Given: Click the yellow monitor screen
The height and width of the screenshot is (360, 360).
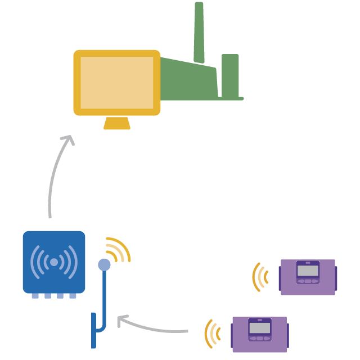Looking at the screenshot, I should (117, 82).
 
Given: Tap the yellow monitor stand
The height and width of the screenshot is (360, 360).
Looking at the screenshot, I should (117, 124).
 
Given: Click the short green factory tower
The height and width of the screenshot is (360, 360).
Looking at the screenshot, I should (230, 76).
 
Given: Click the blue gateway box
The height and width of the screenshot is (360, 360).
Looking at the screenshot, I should (54, 262).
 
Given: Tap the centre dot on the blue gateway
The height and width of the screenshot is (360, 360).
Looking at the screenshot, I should (54, 262).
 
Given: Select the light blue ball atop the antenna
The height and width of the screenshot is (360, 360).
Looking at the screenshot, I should (104, 264).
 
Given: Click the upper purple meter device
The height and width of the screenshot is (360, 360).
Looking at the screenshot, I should (308, 277).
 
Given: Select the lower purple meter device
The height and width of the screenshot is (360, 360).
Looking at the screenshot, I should (259, 334).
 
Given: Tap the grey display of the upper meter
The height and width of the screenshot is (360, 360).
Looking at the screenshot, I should (308, 270).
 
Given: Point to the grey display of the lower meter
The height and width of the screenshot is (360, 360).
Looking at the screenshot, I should (259, 327).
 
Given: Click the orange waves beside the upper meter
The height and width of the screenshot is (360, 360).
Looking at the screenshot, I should (259, 277).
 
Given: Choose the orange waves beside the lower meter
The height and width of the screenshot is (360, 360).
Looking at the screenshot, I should (211, 334).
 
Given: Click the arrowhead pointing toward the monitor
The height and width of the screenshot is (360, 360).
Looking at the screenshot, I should (69, 138).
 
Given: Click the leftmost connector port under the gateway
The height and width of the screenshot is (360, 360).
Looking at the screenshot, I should (35, 295).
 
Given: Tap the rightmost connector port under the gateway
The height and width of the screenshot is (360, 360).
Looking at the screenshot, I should (73, 295).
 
